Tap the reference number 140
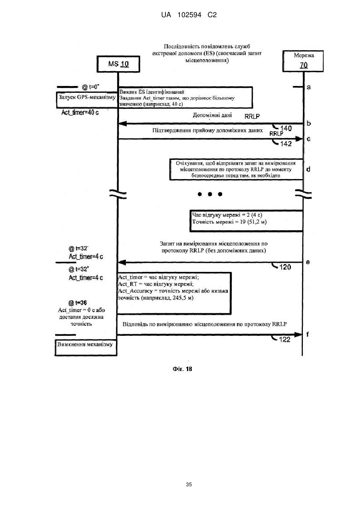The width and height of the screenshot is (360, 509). pyautogui.click(x=286, y=128)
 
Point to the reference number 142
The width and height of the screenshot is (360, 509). pyautogui.click(x=286, y=144)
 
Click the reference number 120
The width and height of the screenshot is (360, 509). pyautogui.click(x=285, y=267)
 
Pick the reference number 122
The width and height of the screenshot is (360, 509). pyautogui.click(x=284, y=339)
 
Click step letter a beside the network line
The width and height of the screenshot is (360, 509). pyautogui.click(x=308, y=87)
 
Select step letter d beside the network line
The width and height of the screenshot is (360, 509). pyautogui.click(x=308, y=169)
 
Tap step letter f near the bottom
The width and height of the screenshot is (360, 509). pyautogui.click(x=308, y=334)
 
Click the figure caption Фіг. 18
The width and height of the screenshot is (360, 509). pyautogui.click(x=182, y=369)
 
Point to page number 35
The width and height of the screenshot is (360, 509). pyautogui.click(x=189, y=485)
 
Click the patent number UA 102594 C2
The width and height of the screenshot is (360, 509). pyautogui.click(x=189, y=15)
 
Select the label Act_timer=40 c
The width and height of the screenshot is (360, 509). pyautogui.click(x=80, y=112)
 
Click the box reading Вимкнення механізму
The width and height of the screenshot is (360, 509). pyautogui.click(x=86, y=347)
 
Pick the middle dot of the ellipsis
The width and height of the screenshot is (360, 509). pyautogui.click(x=210, y=194)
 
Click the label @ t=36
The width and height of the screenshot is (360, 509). pyautogui.click(x=78, y=303)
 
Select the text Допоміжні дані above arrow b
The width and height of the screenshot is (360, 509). pyautogui.click(x=212, y=115)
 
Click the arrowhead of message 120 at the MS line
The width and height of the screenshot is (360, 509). pyautogui.click(x=122, y=262)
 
